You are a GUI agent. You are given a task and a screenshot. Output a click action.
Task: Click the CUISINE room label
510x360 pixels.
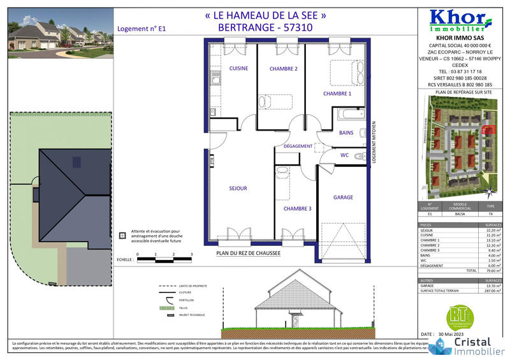point(238,68)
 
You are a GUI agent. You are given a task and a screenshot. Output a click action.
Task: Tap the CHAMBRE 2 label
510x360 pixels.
point(284,68)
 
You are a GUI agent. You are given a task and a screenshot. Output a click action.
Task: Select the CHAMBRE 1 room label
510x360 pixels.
point(337,94)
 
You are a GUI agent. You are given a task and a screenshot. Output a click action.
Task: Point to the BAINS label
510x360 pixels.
point(346,133)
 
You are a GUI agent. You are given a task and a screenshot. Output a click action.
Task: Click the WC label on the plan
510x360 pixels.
point(344,155)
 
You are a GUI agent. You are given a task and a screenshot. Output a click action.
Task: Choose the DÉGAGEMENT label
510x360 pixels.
point(298,146)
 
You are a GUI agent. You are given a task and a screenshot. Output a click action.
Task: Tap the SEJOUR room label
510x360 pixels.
point(238,188)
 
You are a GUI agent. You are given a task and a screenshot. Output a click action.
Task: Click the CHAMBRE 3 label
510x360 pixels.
point(298,208)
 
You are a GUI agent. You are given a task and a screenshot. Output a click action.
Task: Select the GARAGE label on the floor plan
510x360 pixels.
point(343,198)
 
